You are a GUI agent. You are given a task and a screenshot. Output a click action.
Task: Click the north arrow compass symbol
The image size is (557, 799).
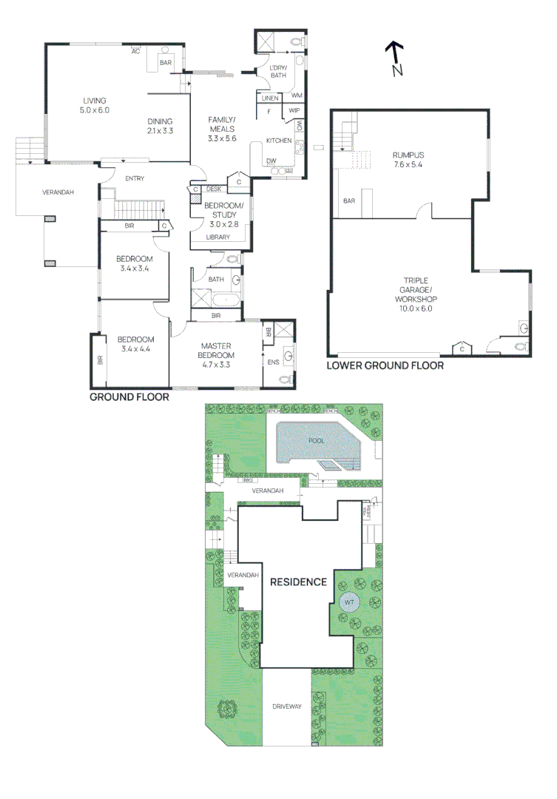395,58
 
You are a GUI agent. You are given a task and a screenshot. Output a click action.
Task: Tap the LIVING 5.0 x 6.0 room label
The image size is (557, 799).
95,105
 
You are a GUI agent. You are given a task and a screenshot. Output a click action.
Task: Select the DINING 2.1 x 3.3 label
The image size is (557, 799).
159,126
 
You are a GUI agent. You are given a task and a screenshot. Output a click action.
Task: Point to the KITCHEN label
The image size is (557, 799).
278,140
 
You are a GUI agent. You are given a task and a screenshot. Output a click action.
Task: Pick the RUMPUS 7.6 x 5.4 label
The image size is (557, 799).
408,159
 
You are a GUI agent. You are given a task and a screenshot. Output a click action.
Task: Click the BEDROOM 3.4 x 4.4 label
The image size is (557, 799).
135,344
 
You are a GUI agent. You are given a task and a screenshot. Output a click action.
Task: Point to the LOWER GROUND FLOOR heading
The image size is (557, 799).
385,365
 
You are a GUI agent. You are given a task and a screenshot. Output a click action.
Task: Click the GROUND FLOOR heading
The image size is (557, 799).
129,397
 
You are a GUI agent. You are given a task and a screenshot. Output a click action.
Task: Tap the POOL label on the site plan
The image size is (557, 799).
317,440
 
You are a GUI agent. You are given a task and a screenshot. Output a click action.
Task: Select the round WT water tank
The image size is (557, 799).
348,602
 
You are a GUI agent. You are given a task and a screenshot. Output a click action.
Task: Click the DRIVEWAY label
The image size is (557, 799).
287,707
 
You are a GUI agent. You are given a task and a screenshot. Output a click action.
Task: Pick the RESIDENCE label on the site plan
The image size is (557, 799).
297,581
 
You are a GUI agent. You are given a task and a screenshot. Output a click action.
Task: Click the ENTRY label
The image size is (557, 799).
135,178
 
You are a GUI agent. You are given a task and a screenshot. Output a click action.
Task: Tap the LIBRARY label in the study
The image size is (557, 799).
217,237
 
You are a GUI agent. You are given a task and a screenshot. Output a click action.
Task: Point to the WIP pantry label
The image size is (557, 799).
294,110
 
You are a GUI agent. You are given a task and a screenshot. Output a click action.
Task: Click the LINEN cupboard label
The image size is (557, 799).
269,97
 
